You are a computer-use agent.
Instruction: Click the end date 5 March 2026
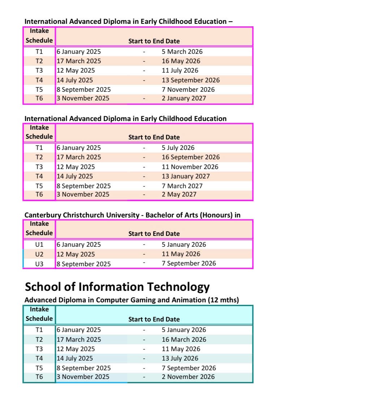pyautogui.click(x=182, y=52)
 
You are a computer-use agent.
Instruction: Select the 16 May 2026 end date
pyautogui.click(x=181, y=61)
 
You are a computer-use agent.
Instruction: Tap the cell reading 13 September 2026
pyautogui.click(x=190, y=80)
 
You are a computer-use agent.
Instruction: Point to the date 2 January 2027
pyautogui.click(x=184, y=98)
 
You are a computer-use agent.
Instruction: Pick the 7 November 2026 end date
pyautogui.click(x=188, y=90)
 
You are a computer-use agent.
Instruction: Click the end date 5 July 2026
pyautogui.click(x=178, y=148)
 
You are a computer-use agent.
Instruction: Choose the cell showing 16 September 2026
pyautogui.click(x=190, y=157)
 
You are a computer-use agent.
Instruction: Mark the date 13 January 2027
pyautogui.click(x=185, y=176)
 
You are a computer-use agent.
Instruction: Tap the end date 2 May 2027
pyautogui.click(x=179, y=194)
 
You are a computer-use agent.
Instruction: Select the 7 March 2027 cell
pyautogui.click(x=182, y=186)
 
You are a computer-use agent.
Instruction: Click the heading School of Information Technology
pyautogui.click(x=117, y=287)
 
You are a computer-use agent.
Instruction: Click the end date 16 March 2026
pyautogui.click(x=184, y=340)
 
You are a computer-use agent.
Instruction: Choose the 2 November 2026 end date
pyautogui.click(x=188, y=377)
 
